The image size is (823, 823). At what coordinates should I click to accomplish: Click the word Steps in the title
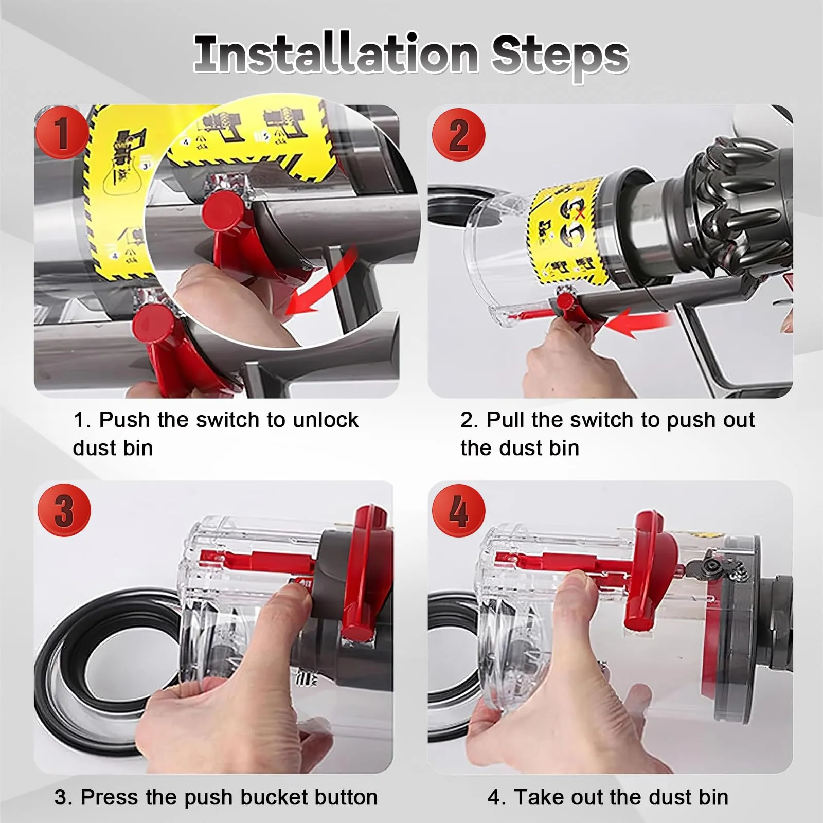(560, 57)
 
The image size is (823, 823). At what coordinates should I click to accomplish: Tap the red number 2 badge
(458, 135)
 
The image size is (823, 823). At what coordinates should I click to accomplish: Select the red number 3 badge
(64, 510)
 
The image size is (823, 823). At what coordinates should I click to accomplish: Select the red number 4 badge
(458, 510)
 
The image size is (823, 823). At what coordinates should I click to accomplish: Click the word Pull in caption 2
(506, 420)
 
